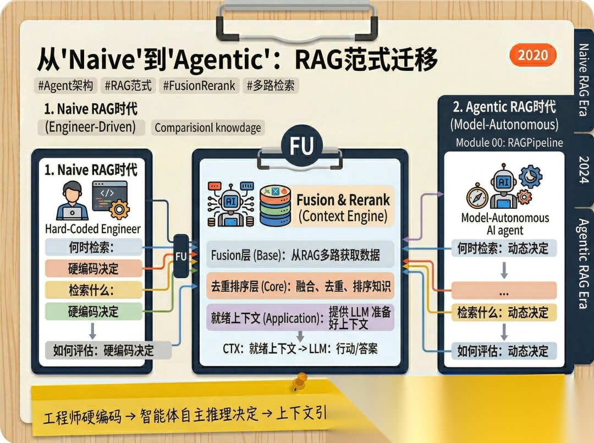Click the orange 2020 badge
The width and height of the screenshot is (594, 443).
(x=532, y=55)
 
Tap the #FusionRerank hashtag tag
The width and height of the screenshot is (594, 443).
(x=199, y=85)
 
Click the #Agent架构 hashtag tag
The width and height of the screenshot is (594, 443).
(x=65, y=85)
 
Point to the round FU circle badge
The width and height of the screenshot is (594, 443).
(x=301, y=147)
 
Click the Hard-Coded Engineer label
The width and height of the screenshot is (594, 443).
(x=93, y=229)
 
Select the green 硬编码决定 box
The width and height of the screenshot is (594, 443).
(x=93, y=312)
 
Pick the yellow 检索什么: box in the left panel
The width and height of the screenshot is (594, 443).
(x=93, y=290)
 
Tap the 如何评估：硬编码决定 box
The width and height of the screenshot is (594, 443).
(x=104, y=350)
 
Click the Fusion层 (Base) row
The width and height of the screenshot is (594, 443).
(x=300, y=256)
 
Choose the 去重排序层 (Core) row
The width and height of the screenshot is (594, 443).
(x=300, y=286)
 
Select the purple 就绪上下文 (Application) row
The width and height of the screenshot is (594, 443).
(x=300, y=318)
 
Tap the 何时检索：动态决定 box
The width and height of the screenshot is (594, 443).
(x=503, y=248)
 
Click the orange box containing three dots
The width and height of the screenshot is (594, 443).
(x=503, y=290)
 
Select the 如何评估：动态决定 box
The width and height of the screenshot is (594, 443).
(x=503, y=351)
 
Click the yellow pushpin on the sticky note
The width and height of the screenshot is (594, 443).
(x=300, y=380)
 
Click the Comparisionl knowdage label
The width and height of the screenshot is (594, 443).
(x=207, y=128)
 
